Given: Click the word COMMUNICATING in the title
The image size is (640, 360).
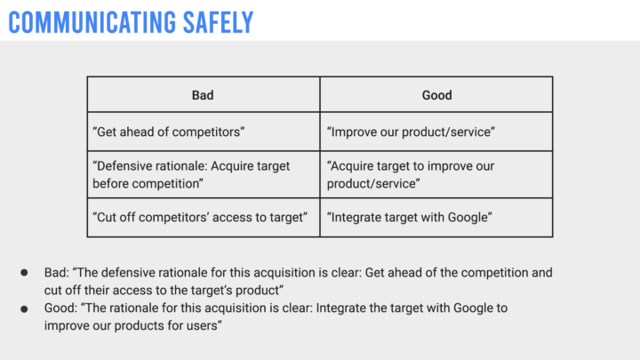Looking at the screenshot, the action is (x=92, y=22).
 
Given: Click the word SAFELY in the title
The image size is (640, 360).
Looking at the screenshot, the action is (x=219, y=22).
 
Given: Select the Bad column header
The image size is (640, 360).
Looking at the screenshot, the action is (x=204, y=94).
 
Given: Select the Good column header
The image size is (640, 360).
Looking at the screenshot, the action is (x=436, y=94).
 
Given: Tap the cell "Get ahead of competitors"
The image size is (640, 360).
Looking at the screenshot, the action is (x=204, y=132).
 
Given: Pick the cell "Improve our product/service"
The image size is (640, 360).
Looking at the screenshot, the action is (x=436, y=132).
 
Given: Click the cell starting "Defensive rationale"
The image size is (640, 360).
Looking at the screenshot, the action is (x=204, y=175).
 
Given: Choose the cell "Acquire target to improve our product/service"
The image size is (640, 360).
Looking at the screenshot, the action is (x=436, y=175).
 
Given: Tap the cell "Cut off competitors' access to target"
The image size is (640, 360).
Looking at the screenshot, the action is (x=204, y=218).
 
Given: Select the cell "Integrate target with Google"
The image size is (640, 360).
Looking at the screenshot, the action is (x=436, y=218).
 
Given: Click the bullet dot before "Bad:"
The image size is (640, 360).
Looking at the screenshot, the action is (x=25, y=273).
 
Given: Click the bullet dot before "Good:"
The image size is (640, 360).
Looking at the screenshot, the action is (x=25, y=309).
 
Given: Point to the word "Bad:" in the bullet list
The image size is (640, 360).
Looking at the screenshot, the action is (x=57, y=272).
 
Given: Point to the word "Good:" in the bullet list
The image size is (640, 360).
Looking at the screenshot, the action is (x=60, y=308).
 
